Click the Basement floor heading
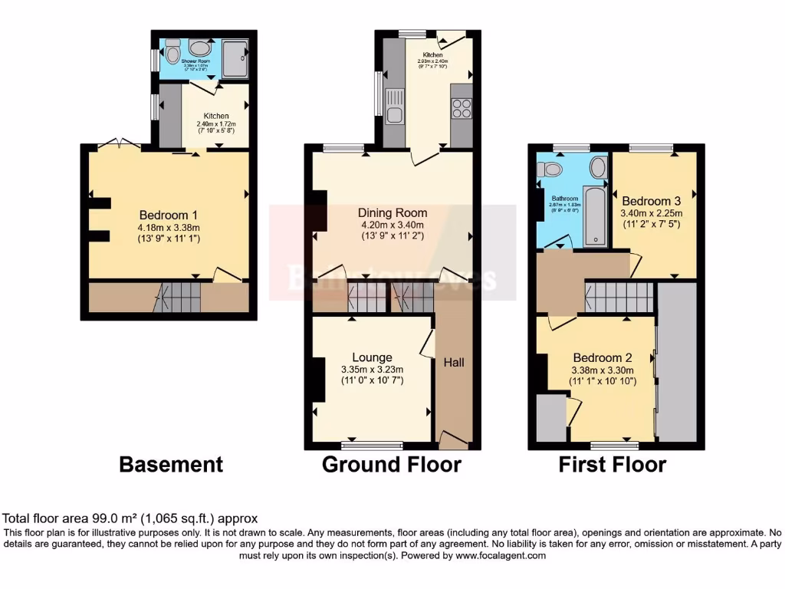(171, 464)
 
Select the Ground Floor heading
(391, 464)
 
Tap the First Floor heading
(612, 464)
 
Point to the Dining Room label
(393, 212)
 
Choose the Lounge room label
(372, 357)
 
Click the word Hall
(453, 362)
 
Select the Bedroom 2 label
(602, 357)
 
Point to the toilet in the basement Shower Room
(172, 53)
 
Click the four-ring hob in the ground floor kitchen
(461, 109)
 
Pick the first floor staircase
(619, 296)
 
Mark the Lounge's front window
(372, 444)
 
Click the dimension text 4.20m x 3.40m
(393, 225)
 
